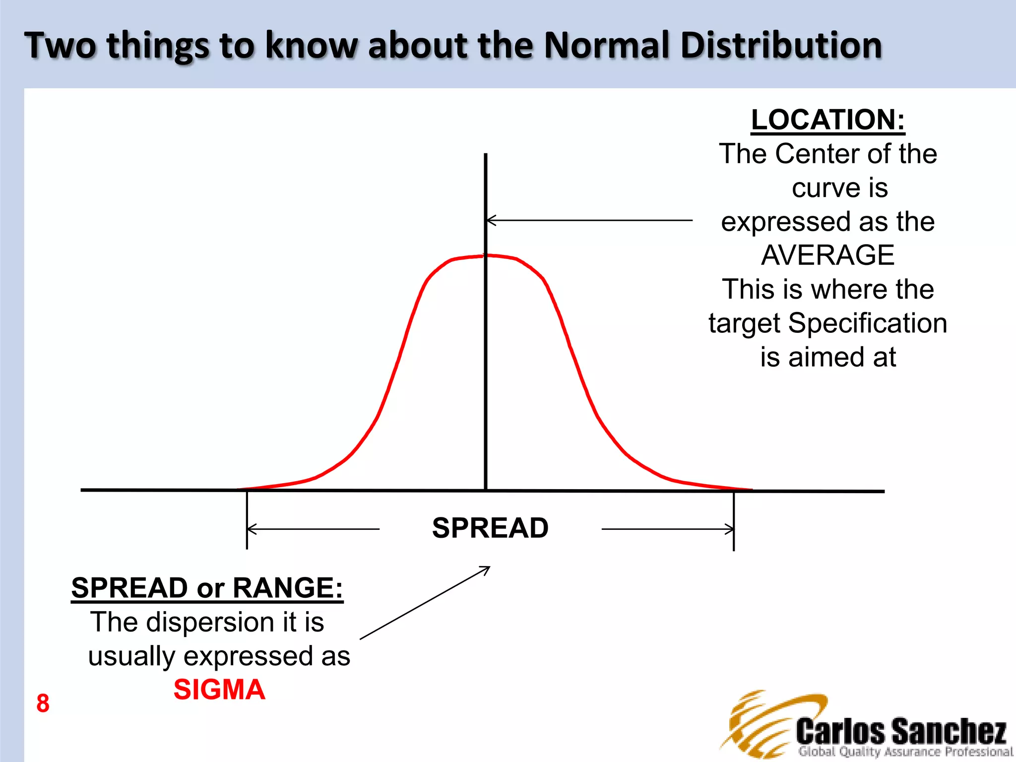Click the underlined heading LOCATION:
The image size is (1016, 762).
pyautogui.click(x=828, y=120)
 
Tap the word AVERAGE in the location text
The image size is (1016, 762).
pyautogui.click(x=827, y=255)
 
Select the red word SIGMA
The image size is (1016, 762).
pyautogui.click(x=219, y=690)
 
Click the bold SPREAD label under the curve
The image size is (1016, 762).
pyautogui.click(x=490, y=528)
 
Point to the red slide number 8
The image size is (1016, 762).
pyautogui.click(x=43, y=703)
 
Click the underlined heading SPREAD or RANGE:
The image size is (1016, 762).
pyautogui.click(x=207, y=588)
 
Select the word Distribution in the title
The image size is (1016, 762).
pyautogui.click(x=781, y=46)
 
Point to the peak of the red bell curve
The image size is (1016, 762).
pyautogui.click(x=485, y=256)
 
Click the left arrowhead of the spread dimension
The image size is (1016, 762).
pyautogui.click(x=251, y=529)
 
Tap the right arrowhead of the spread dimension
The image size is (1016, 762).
pyautogui.click(x=730, y=529)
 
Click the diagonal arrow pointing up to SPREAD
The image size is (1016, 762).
pyautogui.click(x=425, y=603)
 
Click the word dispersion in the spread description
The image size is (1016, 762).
pyautogui.click(x=211, y=622)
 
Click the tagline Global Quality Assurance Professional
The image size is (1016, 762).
pyautogui.click(x=905, y=752)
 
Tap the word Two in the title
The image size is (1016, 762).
pyautogui.click(x=60, y=46)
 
